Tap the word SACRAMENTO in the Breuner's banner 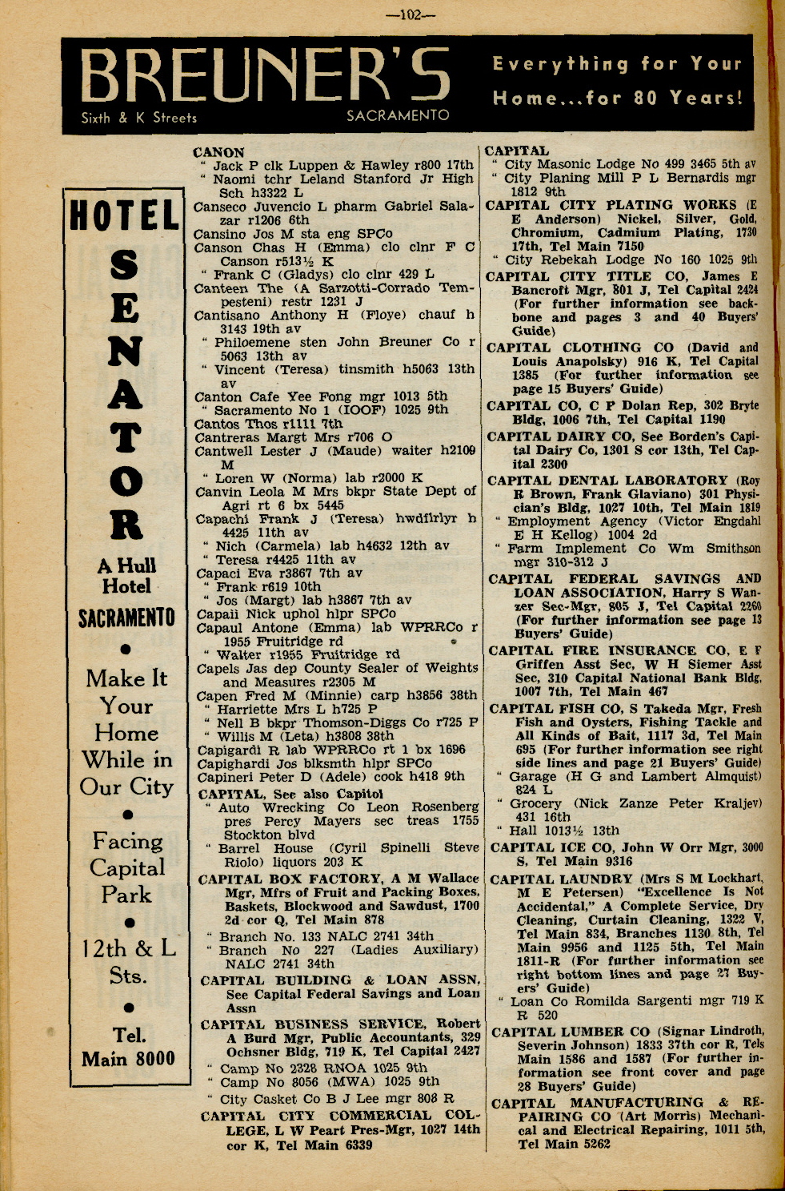(x=398, y=115)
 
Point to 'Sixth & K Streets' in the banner (x=138, y=118)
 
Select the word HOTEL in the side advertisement (x=125, y=216)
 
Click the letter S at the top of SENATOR (x=125, y=265)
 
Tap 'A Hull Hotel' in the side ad (x=126, y=576)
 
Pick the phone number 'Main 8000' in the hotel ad (x=128, y=1058)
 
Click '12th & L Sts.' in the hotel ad (x=127, y=961)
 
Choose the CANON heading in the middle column (x=219, y=152)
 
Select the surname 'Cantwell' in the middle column (x=226, y=451)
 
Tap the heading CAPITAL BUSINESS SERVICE (x=312, y=1024)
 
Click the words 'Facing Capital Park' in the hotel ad (x=126, y=867)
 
